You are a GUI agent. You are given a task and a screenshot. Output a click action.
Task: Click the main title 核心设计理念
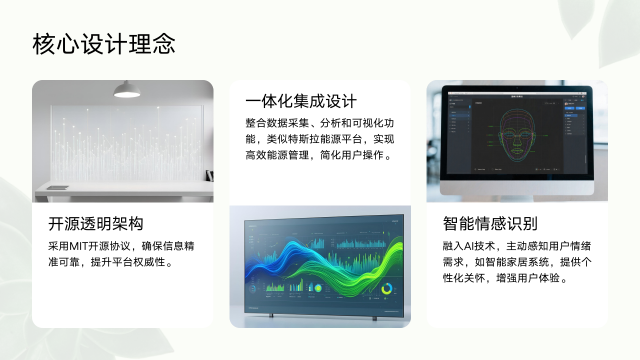pos(104,44)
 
